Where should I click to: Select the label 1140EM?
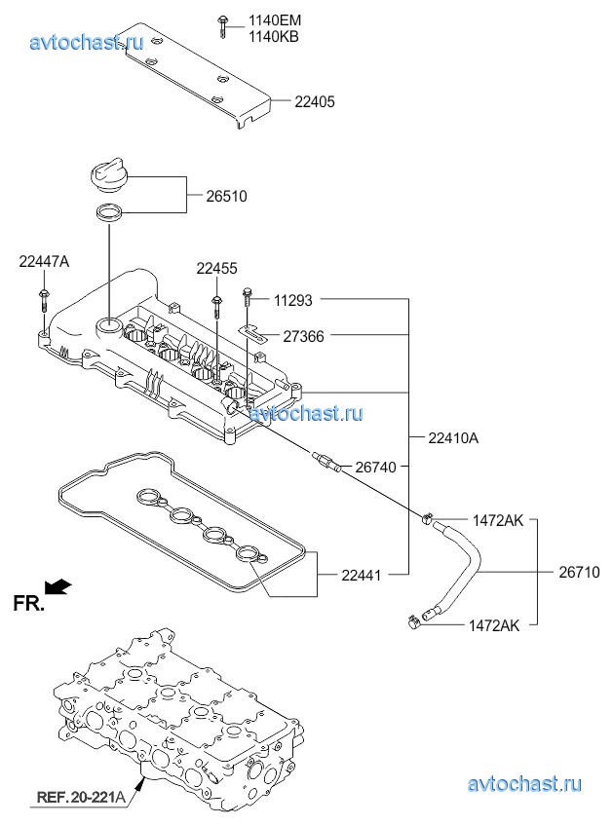274,20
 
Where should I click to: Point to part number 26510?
226,196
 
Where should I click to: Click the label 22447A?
44,260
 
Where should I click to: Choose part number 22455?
216,269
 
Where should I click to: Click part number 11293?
292,301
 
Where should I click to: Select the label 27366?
303,336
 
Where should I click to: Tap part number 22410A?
452,438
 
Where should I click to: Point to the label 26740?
375,468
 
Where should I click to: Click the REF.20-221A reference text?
81,798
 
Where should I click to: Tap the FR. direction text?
29,604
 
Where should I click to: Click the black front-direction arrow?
59,584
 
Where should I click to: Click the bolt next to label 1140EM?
223,26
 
